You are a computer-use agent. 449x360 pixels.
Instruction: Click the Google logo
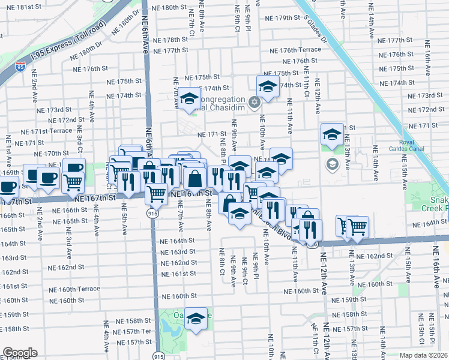[20, 353]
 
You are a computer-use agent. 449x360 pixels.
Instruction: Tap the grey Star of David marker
[254, 101]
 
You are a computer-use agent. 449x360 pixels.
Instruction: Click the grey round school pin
[332, 163]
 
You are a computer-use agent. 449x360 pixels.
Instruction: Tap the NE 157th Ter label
[135, 332]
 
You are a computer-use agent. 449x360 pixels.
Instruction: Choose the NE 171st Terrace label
[46, 131]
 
